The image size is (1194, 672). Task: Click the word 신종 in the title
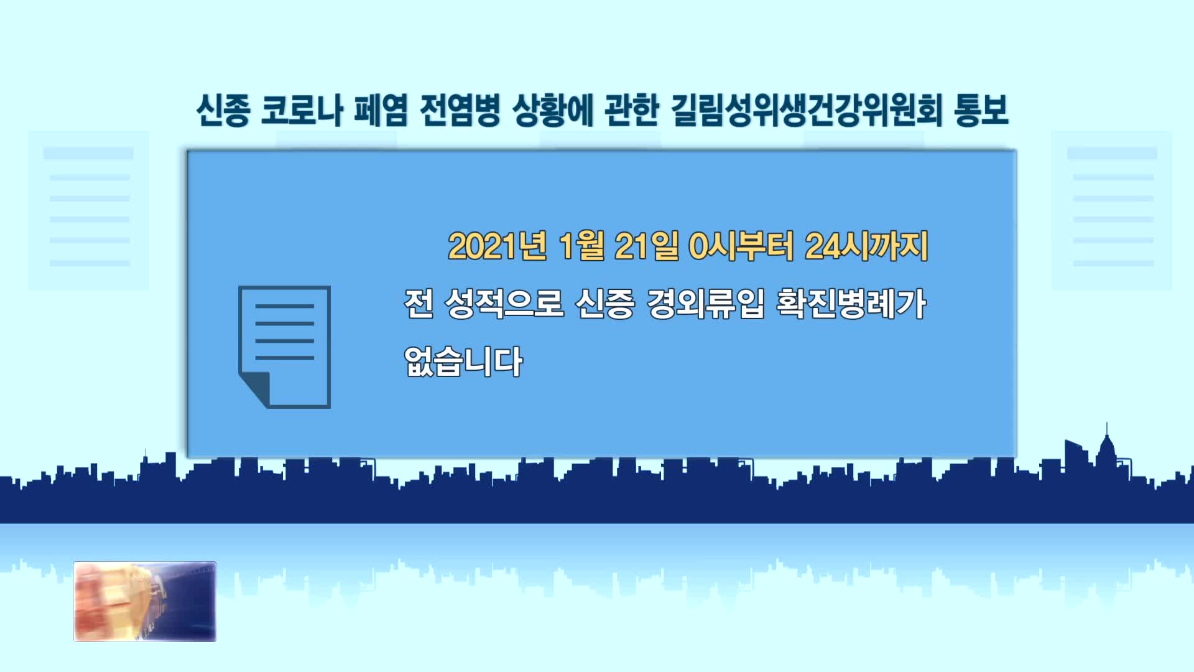223,111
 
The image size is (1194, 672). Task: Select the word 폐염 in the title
381,111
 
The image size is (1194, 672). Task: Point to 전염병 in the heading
460,111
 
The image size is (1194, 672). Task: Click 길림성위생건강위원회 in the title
807,111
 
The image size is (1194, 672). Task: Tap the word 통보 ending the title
981,111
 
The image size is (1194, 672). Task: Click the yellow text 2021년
497,246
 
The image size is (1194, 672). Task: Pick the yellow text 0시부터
741,246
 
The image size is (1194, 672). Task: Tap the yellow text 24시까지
866,246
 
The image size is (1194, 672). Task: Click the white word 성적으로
504,304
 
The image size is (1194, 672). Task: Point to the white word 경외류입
706,304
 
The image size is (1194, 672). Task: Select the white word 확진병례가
851,304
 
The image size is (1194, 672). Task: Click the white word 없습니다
463,362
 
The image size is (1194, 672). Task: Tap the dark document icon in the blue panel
285,347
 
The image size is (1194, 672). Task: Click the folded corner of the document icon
254,390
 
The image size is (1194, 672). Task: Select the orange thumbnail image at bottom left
145,602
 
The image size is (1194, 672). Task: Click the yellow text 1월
581,246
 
